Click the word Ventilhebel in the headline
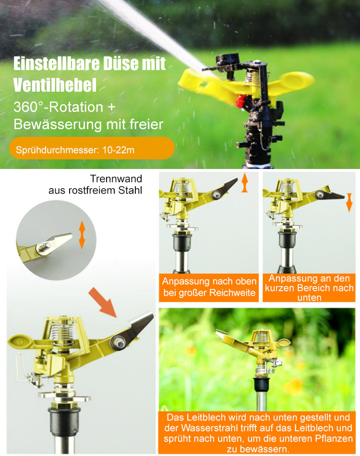pos(55,85)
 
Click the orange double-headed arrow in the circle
pos(82,234)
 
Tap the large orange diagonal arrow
pos(103,302)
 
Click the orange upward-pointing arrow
pos(244,183)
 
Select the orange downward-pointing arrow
pos(349,203)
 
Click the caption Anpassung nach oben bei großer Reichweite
pos(209,287)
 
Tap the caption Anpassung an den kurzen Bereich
pos(309,288)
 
